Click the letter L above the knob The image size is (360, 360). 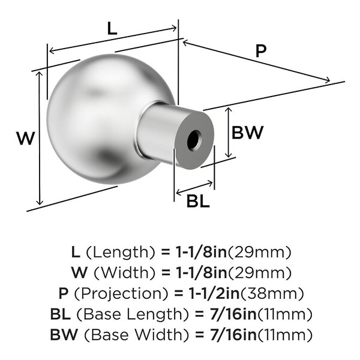pos(112,29)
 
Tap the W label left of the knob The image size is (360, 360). pos(26,138)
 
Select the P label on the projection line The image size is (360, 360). pos(261,51)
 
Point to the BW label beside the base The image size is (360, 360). pos(247,133)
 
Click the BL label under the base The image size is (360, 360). pos(198,201)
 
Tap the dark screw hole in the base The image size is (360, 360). pos(194,140)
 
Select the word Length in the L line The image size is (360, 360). pos(121,253)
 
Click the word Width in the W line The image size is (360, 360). pos(125,273)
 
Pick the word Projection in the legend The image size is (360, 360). pos(121,293)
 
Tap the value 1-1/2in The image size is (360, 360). pos(214,293)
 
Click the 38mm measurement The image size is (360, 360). pos(272,293)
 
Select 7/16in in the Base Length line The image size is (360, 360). pos(233,314)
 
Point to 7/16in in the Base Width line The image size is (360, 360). pos(233,335)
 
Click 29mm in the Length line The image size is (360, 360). pos(259,253)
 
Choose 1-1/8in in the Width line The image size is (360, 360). pos(202,273)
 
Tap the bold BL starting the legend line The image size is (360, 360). pos(60,314)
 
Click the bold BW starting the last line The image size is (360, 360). pos(64,335)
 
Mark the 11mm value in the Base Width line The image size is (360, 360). pos(284,335)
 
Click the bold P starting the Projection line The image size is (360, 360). pos(64,293)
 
